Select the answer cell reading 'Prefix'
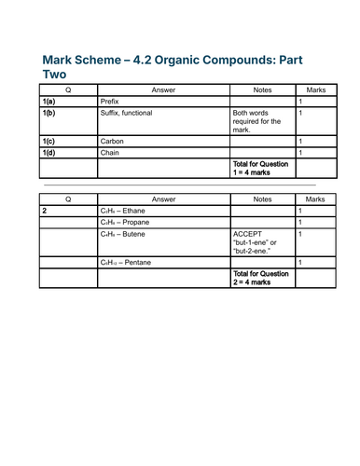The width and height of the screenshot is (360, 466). pyautogui.click(x=109, y=101)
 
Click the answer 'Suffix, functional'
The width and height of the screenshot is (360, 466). pyautogui.click(x=126, y=113)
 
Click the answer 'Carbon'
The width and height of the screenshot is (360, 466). pyautogui.click(x=111, y=141)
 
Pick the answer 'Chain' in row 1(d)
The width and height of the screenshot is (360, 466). pyautogui.click(x=110, y=153)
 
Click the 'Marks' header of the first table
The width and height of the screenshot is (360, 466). pyautogui.click(x=316, y=89)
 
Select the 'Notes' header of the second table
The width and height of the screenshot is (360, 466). pyautogui.click(x=262, y=199)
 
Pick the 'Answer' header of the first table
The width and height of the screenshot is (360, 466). pyautogui.click(x=163, y=89)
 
